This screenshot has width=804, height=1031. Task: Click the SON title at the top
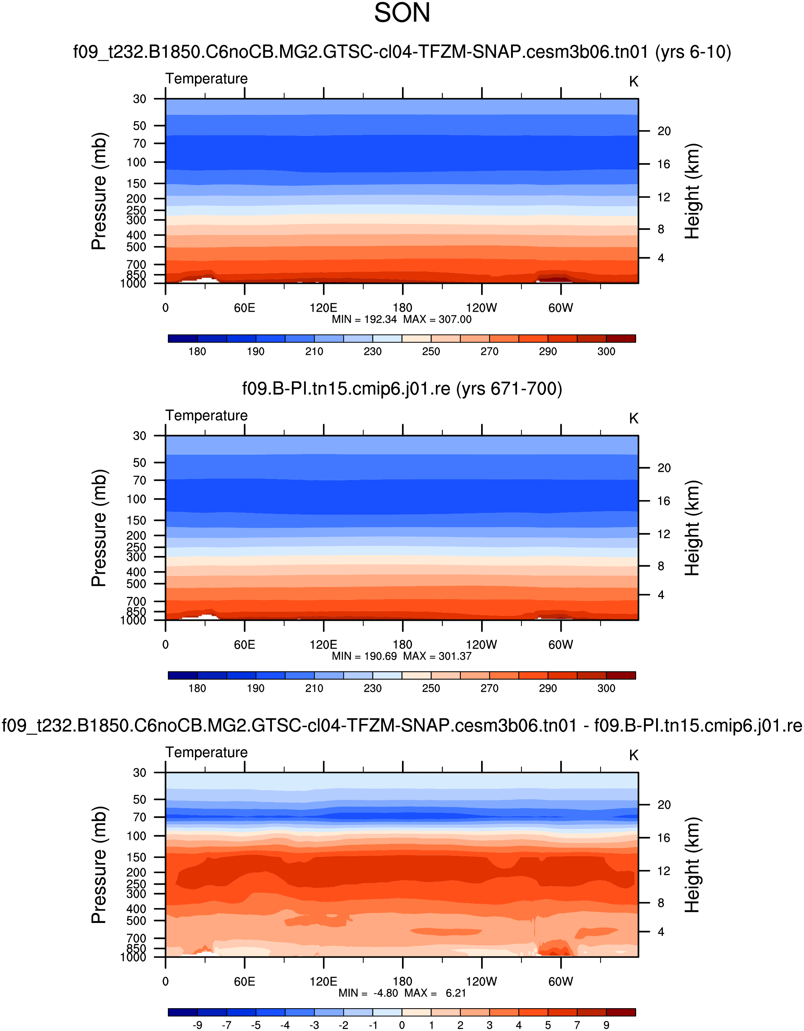(402, 13)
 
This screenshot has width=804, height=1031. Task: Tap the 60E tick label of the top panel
(244, 308)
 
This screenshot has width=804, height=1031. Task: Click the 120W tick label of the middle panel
(481, 645)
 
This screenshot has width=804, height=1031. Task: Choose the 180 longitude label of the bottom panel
(402, 981)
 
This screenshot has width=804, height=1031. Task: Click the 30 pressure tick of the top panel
(139, 99)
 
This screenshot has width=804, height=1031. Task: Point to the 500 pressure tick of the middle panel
(136, 584)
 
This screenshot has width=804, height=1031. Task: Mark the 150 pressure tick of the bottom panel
(136, 857)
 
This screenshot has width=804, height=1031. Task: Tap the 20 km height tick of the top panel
(664, 131)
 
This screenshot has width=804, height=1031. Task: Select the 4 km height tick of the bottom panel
(661, 932)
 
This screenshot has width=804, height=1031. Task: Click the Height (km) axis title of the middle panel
(692, 528)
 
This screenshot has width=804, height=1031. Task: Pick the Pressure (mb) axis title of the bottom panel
(99, 865)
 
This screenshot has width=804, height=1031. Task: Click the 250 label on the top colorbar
(431, 352)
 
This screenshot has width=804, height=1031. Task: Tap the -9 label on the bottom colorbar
(197, 1025)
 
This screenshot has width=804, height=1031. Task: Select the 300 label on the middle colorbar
(606, 688)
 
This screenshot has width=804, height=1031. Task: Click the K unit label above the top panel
(633, 82)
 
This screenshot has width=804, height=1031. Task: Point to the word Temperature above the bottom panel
(206, 752)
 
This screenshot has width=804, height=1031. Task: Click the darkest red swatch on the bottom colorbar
(620, 1012)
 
